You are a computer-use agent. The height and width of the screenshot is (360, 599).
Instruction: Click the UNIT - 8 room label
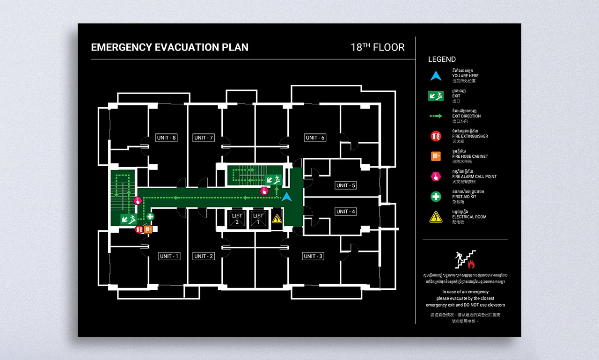(x=167, y=138)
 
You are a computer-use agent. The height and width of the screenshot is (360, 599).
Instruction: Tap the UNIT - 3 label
(x=313, y=256)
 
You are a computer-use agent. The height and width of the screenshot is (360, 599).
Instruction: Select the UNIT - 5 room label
(x=346, y=185)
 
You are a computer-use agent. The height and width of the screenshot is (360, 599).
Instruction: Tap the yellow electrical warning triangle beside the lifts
(x=277, y=219)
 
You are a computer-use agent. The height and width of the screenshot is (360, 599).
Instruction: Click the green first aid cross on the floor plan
(x=150, y=216)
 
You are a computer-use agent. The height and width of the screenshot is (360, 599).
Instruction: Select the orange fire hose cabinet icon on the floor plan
(x=148, y=229)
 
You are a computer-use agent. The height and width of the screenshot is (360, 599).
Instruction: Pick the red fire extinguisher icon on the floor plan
(x=139, y=229)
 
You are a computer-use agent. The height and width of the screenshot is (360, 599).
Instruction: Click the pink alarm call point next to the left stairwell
(x=138, y=201)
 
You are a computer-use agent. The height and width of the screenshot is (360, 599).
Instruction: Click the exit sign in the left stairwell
(x=128, y=219)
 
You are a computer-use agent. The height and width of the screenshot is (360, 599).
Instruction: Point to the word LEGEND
(x=442, y=59)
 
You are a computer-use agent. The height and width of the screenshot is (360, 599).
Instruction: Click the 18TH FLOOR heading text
(x=378, y=47)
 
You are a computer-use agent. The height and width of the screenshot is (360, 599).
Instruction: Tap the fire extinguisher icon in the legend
(x=436, y=136)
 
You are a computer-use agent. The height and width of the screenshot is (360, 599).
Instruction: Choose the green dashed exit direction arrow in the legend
(x=436, y=116)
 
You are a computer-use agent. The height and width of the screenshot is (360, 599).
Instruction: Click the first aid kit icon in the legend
(x=436, y=197)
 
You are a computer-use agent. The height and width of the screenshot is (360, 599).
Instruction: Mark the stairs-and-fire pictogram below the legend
(x=466, y=259)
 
